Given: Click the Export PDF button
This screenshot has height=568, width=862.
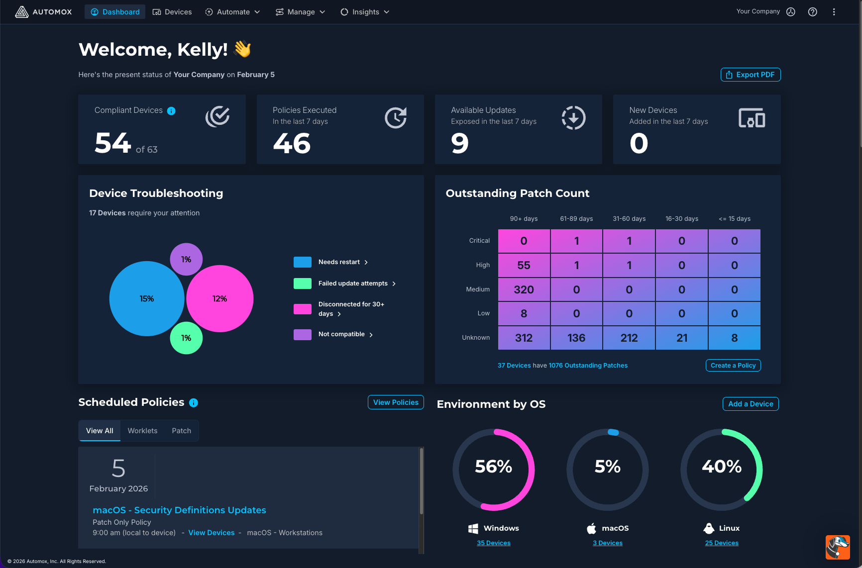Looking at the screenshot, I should point(750,75).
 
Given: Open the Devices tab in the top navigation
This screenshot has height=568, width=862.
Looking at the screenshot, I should point(172,12).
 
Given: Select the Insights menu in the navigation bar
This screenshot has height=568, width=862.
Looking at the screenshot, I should point(365,12).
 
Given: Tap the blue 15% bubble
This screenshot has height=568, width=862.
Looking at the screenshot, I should point(146,298).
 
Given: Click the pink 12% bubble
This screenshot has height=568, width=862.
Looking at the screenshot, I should point(219,298).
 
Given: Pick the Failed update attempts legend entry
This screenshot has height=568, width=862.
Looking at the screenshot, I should point(352,284).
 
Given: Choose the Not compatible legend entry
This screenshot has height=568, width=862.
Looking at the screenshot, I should point(341,334).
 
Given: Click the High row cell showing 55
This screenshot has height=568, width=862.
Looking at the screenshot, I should point(524,265).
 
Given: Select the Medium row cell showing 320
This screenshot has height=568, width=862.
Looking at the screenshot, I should point(524,289).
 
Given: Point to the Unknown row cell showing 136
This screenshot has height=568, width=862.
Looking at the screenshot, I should point(576,338).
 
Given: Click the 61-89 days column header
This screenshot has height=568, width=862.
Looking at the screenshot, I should point(576,219).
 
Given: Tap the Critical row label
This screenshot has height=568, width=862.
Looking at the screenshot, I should point(479,241).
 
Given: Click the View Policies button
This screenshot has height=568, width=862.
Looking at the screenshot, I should point(396,402).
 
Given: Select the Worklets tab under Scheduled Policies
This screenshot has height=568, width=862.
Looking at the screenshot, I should point(142,431).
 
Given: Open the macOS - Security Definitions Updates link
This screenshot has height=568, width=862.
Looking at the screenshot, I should point(179,510).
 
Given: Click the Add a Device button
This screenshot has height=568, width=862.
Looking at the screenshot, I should point(751,404).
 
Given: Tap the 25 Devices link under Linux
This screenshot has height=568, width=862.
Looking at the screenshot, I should point(722,543).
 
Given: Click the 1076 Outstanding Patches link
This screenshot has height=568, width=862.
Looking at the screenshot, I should point(588,366).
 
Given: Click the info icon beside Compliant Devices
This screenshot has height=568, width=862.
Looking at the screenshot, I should point(171,111).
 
